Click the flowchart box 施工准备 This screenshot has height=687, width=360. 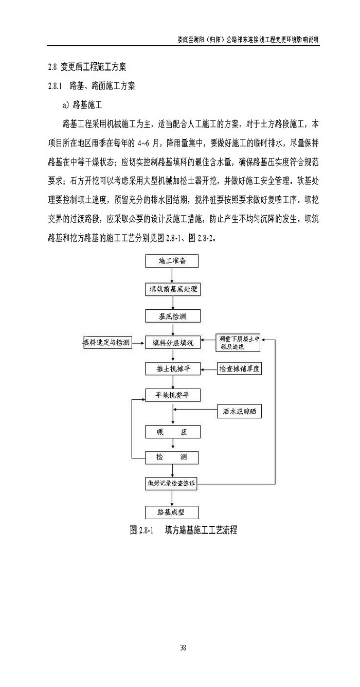[172, 261]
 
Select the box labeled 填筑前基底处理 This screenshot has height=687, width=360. [172, 289]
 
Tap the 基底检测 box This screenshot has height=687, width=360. [172, 316]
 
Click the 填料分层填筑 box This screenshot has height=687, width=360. [172, 343]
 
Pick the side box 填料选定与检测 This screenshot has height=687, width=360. [107, 343]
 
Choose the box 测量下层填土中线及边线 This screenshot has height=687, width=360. [238, 342]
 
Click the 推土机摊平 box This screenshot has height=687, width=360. [172, 369]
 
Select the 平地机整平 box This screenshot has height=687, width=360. [172, 395]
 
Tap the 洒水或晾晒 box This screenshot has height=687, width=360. [240, 411]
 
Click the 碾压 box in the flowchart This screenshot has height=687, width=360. [172, 432]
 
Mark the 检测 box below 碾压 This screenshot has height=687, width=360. [172, 457]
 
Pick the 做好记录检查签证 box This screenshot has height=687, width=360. [172, 483]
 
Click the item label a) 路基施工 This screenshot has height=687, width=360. [82, 105]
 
